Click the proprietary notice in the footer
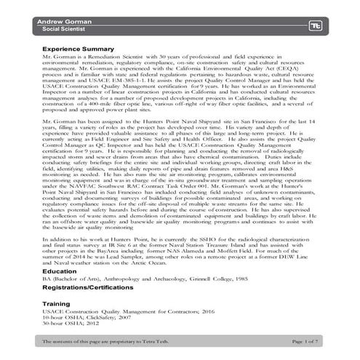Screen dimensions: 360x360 (x=95, y=340)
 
